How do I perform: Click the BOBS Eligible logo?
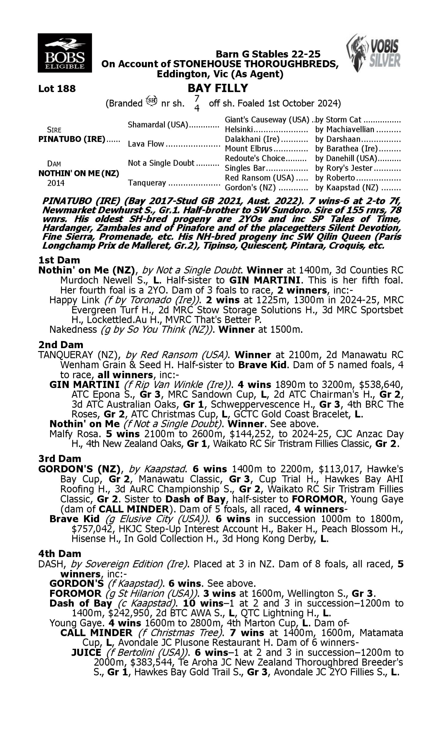point(65,53)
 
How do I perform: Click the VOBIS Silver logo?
point(374,53)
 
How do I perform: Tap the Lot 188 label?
point(57,88)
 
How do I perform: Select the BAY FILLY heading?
point(218,88)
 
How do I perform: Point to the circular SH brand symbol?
point(151,101)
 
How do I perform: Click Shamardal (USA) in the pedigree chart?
point(158,124)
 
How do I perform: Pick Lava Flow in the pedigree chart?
point(146,144)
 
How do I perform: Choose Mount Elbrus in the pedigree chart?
point(248,148)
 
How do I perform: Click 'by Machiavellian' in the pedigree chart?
point(344,129)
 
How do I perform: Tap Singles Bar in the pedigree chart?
point(245,168)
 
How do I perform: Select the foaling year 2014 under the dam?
point(56,183)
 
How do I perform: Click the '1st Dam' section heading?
point(59,260)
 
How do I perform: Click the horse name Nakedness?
point(73,329)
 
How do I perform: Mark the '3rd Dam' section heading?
point(60,458)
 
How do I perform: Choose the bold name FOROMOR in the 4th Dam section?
point(75,593)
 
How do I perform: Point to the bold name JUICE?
point(86,652)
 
